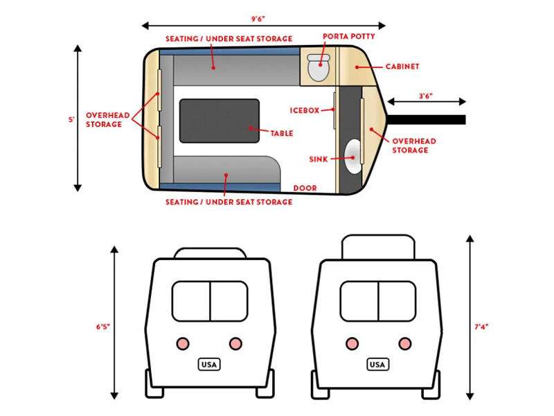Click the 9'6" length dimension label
[x=258, y=19]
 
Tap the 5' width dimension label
[x=71, y=119]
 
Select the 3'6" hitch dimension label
[x=426, y=96]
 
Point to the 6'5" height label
[x=103, y=327]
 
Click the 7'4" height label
[x=481, y=327]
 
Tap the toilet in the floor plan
[x=319, y=67]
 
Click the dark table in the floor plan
[x=220, y=121]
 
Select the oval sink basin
[x=353, y=157]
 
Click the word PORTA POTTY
[x=349, y=37]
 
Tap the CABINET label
[x=402, y=67]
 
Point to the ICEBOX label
[x=305, y=110]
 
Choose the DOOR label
[x=305, y=188]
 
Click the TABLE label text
[x=282, y=133]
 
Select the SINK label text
[x=319, y=159]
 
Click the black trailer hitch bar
[x=427, y=119]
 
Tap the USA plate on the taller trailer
[x=377, y=365]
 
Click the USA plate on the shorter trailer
[x=209, y=365]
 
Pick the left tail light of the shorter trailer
[x=183, y=343]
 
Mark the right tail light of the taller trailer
[x=405, y=343]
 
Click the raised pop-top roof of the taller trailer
[x=378, y=247]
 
